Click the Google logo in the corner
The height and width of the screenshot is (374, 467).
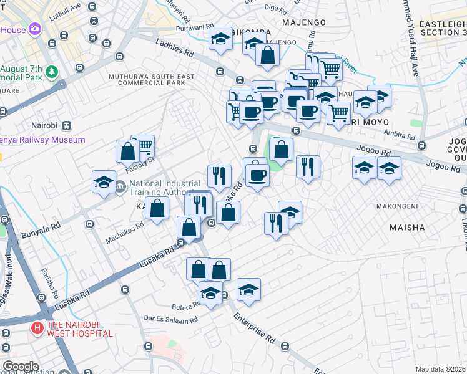coord(21,366)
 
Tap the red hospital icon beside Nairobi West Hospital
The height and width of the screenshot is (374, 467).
coord(37,327)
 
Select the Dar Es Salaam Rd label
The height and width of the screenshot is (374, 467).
coord(170,319)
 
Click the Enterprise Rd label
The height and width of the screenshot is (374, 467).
coord(255,327)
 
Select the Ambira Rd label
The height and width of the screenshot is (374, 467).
coord(400,135)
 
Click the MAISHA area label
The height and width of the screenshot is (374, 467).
coord(408,228)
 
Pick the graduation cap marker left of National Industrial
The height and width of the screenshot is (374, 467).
coord(104,182)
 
